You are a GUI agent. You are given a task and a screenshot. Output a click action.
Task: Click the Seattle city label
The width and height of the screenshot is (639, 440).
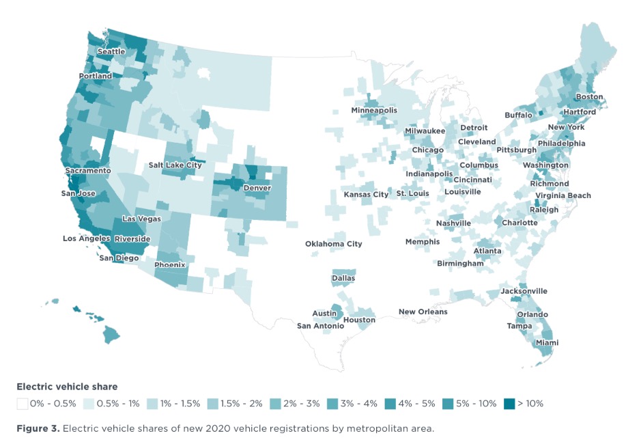pos(111,52)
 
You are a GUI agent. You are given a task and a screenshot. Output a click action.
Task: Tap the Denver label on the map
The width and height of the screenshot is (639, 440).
pos(257,188)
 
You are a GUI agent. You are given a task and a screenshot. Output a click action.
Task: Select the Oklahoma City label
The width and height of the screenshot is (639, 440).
pos(333,244)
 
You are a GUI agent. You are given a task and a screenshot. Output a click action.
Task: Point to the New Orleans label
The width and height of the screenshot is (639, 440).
pos(423,312)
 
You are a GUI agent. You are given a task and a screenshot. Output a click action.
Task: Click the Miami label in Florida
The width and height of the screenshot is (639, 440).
pos(547,342)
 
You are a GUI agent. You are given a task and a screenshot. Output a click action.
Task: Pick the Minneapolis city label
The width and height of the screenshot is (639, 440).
pos(374,111)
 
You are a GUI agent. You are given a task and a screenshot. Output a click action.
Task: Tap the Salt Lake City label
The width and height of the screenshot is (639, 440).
pos(175,165)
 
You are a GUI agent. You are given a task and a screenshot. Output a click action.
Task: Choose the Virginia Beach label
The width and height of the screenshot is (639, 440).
pos(563,195)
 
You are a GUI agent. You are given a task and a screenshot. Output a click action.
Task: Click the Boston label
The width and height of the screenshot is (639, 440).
pos(589,96)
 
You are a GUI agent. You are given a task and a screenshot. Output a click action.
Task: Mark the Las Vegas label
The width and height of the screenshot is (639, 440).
pos(142,219)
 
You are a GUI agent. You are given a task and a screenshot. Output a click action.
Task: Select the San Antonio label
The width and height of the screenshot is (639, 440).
pos(320,326)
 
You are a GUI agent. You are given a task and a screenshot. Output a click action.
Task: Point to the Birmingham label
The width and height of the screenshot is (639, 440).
pos(460,264)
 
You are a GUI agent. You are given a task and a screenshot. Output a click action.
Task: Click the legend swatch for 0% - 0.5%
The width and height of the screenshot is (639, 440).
pos(23,404)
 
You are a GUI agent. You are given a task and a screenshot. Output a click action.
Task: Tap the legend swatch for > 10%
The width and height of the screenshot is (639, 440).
pos(509,404)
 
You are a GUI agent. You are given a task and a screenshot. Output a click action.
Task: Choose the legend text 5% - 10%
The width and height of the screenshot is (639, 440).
pos(476,404)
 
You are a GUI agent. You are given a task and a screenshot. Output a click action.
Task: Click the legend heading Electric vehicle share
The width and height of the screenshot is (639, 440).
pos(67,387)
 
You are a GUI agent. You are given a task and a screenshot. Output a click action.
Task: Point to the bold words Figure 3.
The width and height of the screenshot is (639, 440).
pos(38,428)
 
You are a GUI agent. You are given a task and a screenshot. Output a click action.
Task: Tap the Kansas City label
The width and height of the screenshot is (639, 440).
pos(366,195)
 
